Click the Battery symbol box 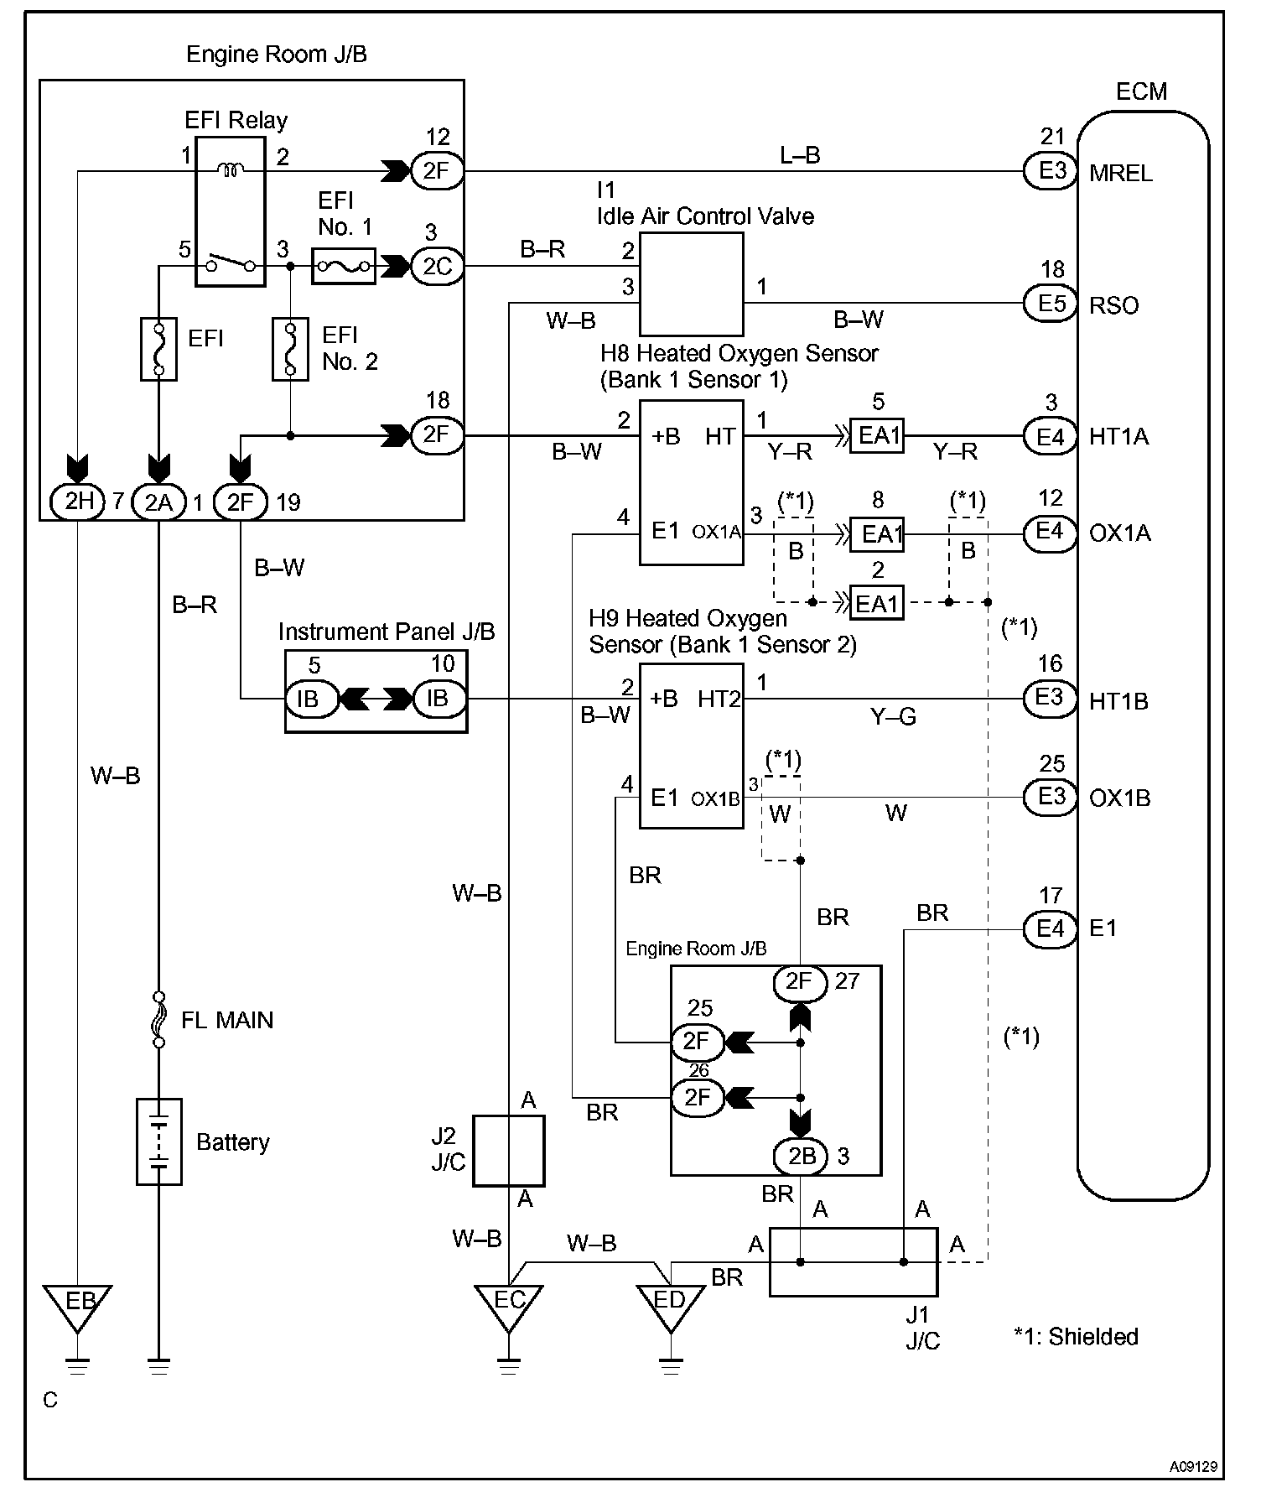pyautogui.click(x=159, y=1141)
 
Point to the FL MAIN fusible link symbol pyautogui.click(x=158, y=1019)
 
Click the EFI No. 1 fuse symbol pyautogui.click(x=343, y=266)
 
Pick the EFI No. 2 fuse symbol pyautogui.click(x=290, y=347)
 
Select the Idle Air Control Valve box pyautogui.click(x=691, y=284)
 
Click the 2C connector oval pyautogui.click(x=437, y=266)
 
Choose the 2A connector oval pyautogui.click(x=158, y=502)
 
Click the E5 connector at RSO pyautogui.click(x=1051, y=303)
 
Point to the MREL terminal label pyautogui.click(x=1120, y=174)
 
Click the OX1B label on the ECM pyautogui.click(x=1118, y=798)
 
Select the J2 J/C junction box pyautogui.click(x=508, y=1150)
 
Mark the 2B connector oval pyautogui.click(x=801, y=1156)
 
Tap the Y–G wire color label pyautogui.click(x=893, y=716)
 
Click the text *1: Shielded pyautogui.click(x=1076, y=1336)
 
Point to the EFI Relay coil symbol pyautogui.click(x=231, y=170)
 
